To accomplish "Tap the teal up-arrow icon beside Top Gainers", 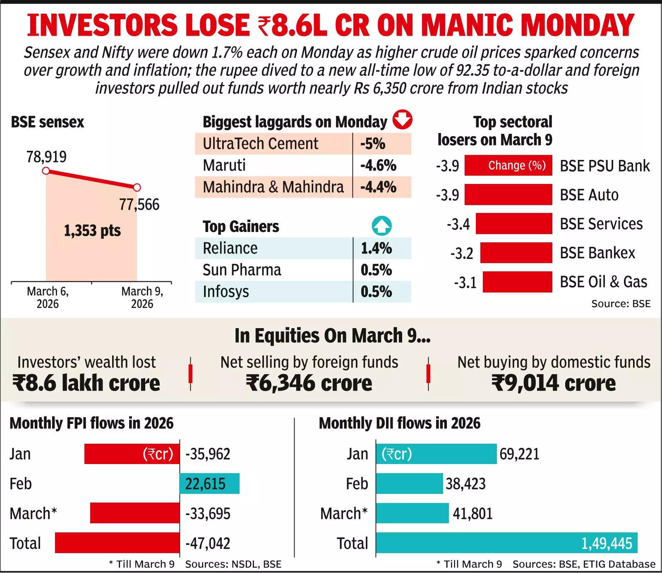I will click(381, 226).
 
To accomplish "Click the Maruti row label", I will click(224, 165).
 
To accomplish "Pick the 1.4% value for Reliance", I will click(376, 248).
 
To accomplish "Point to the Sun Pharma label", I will click(242, 270).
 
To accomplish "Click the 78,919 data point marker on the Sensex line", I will click(46, 171).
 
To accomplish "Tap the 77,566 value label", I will click(139, 204).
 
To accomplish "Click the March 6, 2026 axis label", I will click(48, 297).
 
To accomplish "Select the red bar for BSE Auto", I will click(508, 195).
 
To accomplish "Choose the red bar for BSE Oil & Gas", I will click(517, 282).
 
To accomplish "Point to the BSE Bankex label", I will click(597, 253).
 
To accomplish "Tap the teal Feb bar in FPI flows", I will click(209, 484).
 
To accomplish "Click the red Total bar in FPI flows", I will click(117, 543).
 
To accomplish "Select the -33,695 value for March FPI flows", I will click(208, 513).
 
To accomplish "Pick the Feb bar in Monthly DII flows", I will click(409, 484).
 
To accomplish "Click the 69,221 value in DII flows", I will click(519, 454).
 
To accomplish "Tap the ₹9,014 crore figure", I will click(553, 383).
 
